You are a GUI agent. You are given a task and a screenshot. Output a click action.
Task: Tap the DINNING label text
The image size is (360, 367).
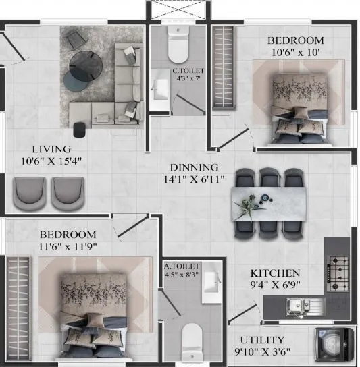click(194, 167)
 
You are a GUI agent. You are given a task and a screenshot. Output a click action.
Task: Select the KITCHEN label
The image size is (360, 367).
click(275, 273)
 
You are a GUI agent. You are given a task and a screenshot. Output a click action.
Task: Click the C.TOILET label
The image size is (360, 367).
click(188, 70)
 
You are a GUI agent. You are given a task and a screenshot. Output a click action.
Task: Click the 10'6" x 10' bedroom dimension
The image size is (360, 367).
click(294, 52)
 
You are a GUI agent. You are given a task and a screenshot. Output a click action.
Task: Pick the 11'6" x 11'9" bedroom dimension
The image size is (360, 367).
click(68, 246)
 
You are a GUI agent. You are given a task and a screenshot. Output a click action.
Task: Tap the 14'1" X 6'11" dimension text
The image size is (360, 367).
click(194, 179)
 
